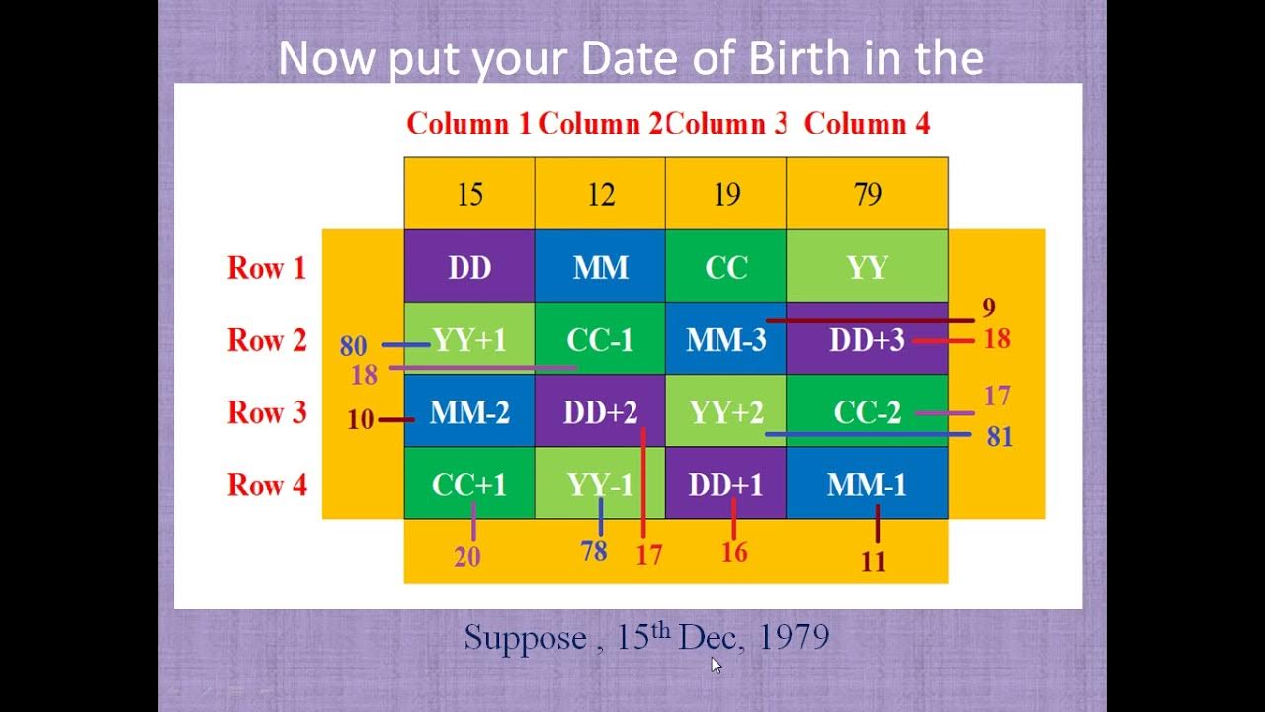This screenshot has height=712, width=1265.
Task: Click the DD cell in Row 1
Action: point(469,267)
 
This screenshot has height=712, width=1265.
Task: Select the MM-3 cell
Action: point(726,339)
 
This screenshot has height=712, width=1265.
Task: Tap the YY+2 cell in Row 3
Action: point(726,412)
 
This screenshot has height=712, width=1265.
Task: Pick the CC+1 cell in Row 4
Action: point(469,485)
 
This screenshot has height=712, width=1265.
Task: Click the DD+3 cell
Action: point(867,339)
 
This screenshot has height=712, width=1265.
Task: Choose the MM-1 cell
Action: point(867,485)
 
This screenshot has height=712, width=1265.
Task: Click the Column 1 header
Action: point(469,124)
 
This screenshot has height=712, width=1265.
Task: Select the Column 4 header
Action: point(867,124)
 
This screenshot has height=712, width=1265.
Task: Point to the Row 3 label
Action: point(267,412)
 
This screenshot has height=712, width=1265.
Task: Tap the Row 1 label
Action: point(267,267)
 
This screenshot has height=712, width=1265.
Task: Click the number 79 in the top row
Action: point(867,194)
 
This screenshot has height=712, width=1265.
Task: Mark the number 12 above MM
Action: point(600,194)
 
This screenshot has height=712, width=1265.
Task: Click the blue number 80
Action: point(353,346)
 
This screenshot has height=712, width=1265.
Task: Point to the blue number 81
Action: point(1000,436)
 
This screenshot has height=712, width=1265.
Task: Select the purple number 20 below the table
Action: point(467,557)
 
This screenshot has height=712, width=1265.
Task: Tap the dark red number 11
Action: point(873,562)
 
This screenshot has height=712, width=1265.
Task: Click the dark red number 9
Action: point(989,309)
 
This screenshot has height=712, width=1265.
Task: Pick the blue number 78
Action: point(594,551)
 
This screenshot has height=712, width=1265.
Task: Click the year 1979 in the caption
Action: point(794,638)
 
